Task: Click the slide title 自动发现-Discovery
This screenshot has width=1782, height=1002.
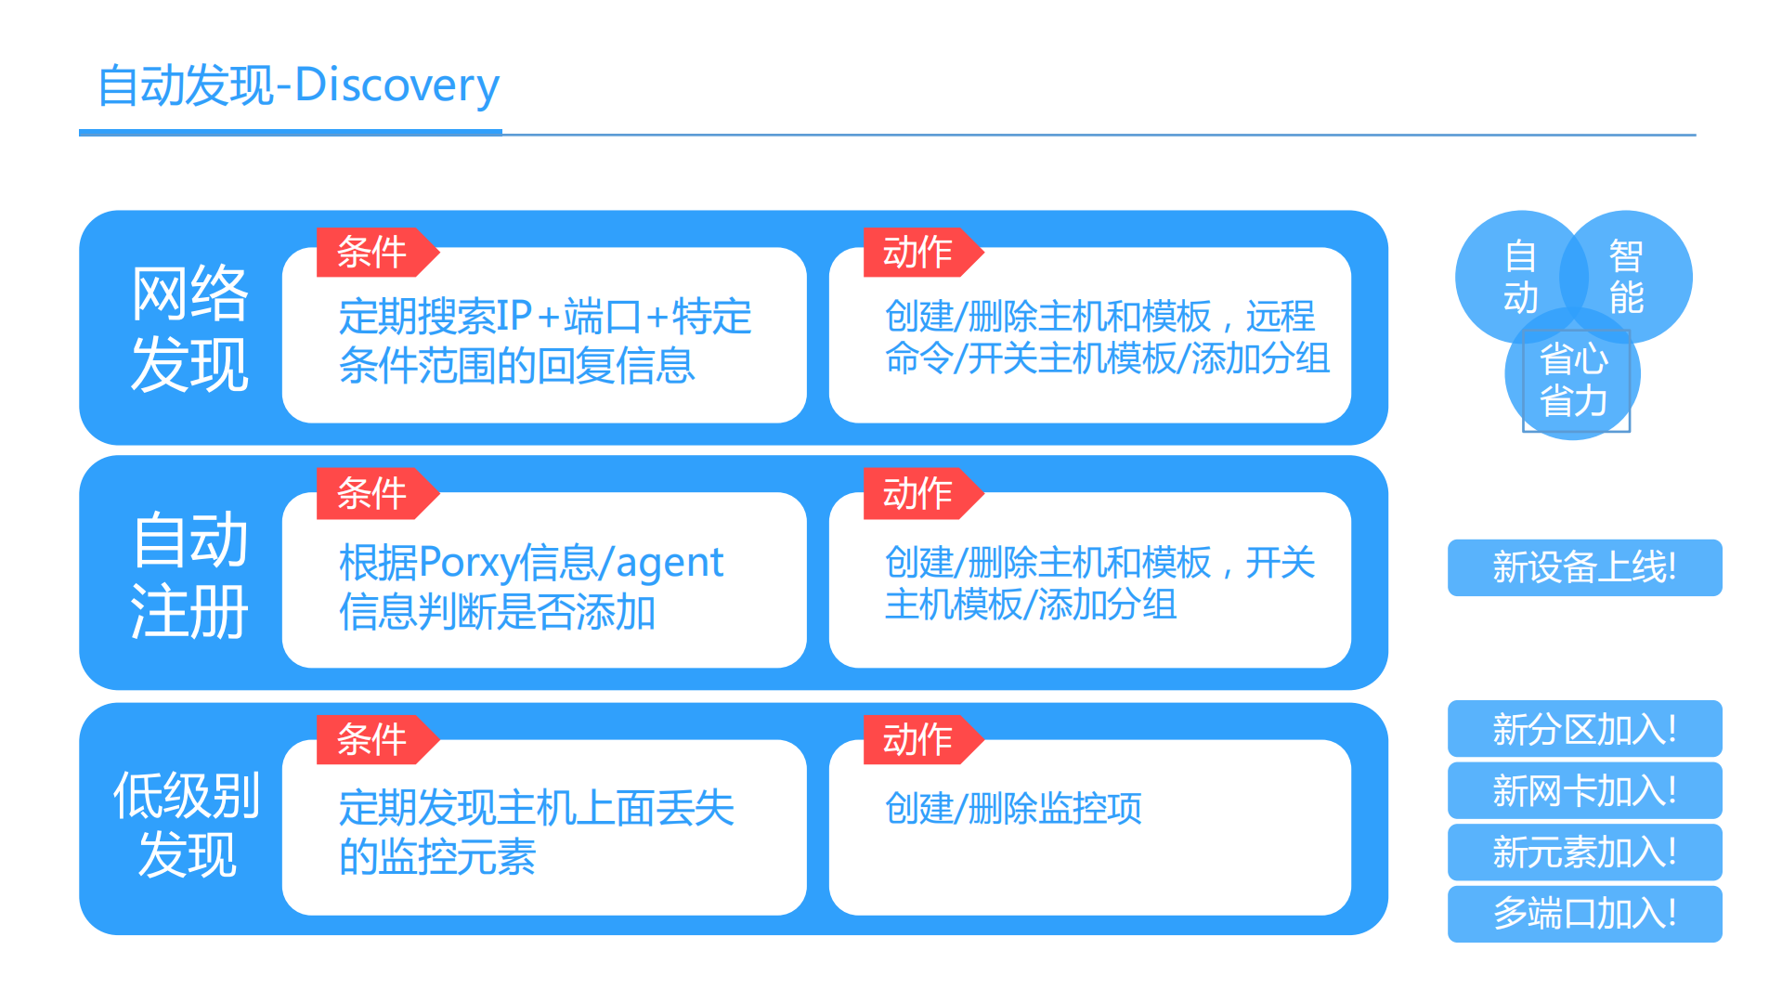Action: (298, 85)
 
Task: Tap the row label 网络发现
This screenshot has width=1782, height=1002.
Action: (189, 328)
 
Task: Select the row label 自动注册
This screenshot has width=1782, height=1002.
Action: (189, 574)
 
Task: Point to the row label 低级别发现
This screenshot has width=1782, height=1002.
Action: (187, 824)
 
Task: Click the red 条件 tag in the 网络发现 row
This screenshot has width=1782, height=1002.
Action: (372, 253)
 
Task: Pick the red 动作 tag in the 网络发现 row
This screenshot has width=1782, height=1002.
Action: (918, 253)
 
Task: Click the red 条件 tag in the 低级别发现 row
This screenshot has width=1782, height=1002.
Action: (372, 740)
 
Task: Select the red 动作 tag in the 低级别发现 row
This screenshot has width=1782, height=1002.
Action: (918, 740)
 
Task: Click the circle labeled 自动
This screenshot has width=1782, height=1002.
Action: (1514, 277)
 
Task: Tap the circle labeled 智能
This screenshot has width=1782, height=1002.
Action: (1631, 277)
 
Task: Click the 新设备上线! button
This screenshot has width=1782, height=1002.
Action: (1584, 567)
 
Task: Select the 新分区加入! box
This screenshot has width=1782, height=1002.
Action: (1584, 729)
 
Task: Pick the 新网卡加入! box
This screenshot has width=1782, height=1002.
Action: (1584, 790)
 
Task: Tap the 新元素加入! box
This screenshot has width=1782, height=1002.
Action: (1584, 852)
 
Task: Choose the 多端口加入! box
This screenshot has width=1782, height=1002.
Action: (1584, 914)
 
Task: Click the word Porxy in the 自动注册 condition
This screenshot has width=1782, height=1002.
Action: (469, 564)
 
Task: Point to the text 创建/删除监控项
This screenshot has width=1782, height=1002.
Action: (1013, 809)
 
